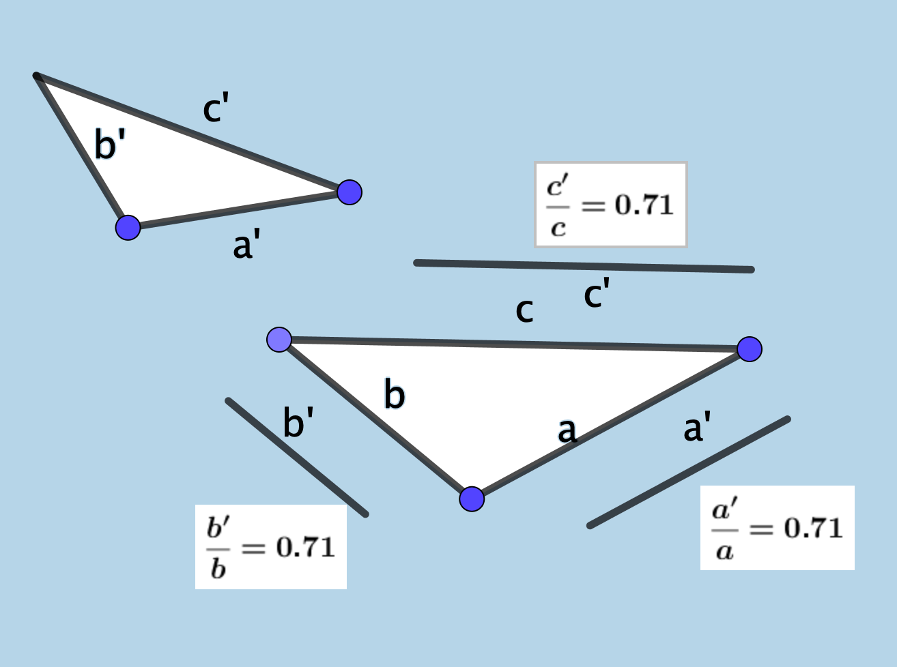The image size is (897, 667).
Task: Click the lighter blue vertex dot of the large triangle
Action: [279, 339]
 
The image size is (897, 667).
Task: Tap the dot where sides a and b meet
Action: [472, 499]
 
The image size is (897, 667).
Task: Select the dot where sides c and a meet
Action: [750, 349]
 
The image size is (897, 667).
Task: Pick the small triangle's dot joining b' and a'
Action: [128, 227]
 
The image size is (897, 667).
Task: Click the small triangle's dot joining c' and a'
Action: [350, 192]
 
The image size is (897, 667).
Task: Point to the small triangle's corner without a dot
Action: [37, 76]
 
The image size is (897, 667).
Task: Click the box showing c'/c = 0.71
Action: [610, 205]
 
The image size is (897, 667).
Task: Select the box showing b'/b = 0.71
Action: [271, 547]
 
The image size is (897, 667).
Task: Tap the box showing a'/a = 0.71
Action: [778, 528]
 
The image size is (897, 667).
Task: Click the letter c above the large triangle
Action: [524, 311]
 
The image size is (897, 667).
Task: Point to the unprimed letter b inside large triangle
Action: [395, 395]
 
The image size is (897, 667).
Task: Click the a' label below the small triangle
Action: [246, 246]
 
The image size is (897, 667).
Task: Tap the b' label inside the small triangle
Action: [110, 145]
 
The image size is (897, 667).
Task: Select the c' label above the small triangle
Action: [216, 110]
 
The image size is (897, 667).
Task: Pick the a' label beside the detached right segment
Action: [697, 429]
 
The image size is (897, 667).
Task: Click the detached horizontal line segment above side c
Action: [584, 266]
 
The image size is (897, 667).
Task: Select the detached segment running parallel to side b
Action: [297, 457]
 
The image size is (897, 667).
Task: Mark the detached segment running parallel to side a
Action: [689, 472]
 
